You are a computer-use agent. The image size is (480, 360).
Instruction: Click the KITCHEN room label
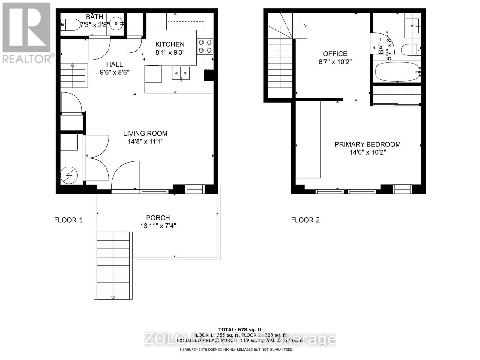[170, 44]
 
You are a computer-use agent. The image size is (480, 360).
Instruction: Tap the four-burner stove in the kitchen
[205, 46]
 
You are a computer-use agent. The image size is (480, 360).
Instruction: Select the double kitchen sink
[181, 73]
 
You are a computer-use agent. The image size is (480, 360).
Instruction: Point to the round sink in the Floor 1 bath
[116, 24]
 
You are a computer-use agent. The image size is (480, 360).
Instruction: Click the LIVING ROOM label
[145, 133]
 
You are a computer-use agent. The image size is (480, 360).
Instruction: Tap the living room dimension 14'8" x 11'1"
[145, 141]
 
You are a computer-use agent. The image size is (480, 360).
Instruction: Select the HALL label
[114, 64]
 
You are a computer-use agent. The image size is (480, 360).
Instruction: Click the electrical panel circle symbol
[69, 175]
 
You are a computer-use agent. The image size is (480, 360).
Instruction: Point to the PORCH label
[158, 218]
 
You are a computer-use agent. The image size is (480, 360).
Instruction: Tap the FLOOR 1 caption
[68, 220]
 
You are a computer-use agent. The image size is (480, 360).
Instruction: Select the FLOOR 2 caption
[305, 220]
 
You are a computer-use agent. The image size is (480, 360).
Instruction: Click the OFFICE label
[335, 54]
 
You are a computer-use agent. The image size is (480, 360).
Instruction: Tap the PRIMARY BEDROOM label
[367, 144]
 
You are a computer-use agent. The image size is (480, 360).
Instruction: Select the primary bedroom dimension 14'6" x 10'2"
[367, 152]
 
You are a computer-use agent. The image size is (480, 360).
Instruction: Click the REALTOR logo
[27, 33]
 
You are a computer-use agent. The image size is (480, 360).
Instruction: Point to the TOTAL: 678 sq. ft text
[240, 330]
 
